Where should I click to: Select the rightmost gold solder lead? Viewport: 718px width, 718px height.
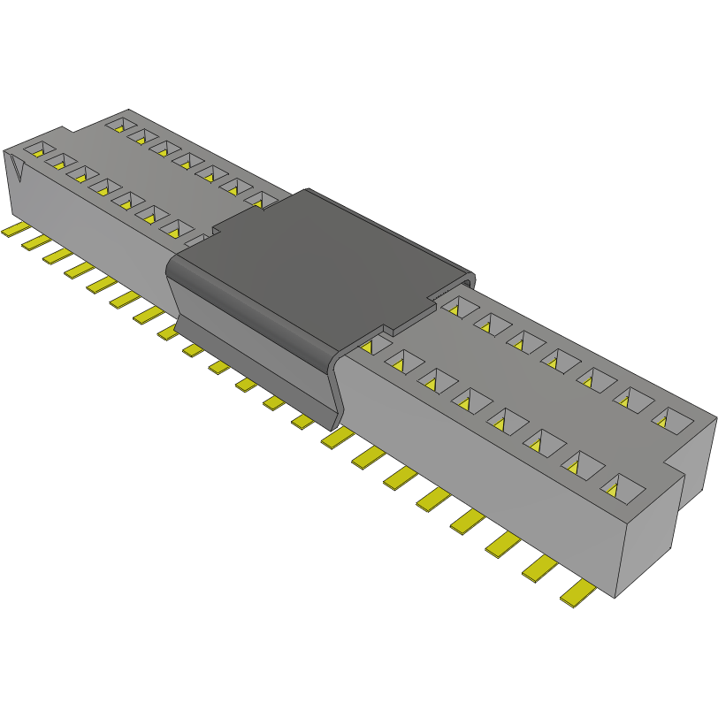(x=578, y=593)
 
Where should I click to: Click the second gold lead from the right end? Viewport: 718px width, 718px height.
(x=540, y=570)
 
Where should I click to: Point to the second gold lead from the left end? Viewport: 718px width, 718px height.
(x=36, y=241)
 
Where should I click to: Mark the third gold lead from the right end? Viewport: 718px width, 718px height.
(x=503, y=546)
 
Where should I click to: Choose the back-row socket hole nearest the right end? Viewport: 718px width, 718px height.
(x=671, y=420)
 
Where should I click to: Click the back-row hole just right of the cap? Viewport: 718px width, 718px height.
(x=455, y=307)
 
